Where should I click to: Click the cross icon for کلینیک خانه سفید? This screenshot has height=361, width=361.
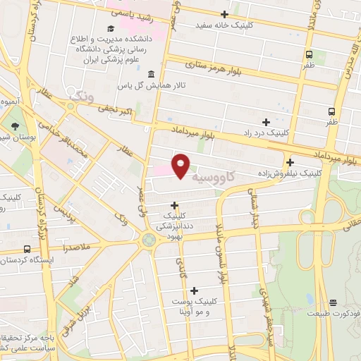coord(225,14)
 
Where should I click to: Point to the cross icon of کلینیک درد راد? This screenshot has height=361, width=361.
coord(266,122)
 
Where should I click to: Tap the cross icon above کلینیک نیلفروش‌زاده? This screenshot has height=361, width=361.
coord(290,161)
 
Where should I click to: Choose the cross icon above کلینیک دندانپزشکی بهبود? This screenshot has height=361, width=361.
coord(175,205)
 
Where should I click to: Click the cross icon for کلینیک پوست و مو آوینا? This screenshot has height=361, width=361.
coord(194,290)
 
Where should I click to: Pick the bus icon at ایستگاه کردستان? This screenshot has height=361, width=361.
coord(27,249)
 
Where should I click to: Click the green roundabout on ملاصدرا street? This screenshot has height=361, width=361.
coord(148,240)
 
